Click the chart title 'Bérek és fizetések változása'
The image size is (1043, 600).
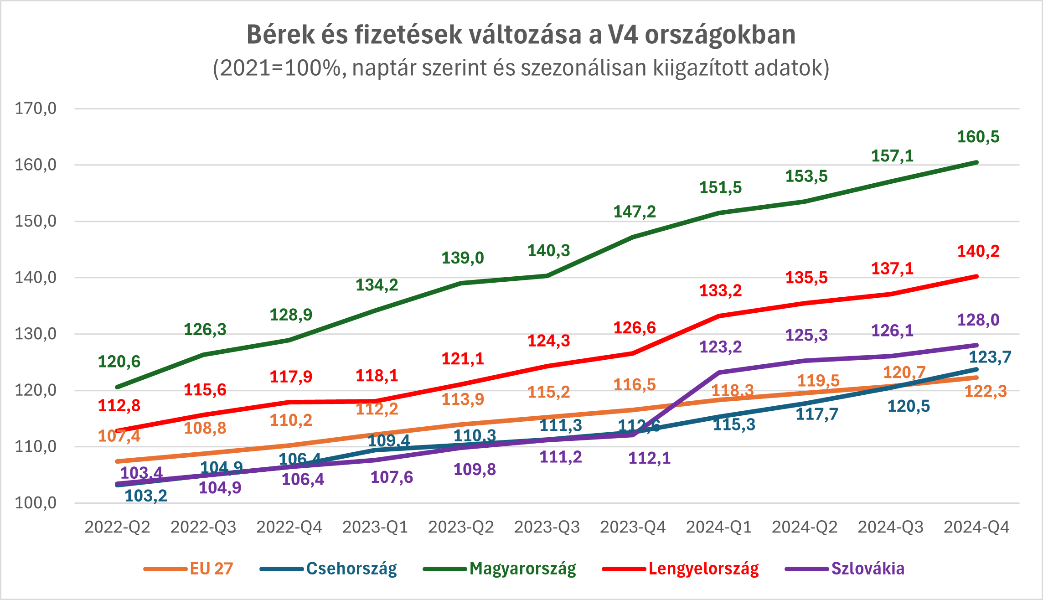point(521,35)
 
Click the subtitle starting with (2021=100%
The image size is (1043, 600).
point(521,68)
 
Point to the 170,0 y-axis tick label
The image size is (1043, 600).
point(36,109)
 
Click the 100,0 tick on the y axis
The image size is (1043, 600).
point(36,503)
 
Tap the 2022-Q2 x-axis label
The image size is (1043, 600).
point(117,527)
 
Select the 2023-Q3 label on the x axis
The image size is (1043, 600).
point(547,527)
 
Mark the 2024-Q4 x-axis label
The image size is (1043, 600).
point(976,527)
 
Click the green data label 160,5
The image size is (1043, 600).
point(978,137)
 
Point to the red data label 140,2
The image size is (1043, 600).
point(978,251)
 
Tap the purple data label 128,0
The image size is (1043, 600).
point(978,320)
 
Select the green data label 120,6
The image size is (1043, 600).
point(119,362)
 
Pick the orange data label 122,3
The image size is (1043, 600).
point(986,391)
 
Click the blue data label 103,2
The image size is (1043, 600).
point(146,496)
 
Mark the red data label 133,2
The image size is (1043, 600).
point(720,290)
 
